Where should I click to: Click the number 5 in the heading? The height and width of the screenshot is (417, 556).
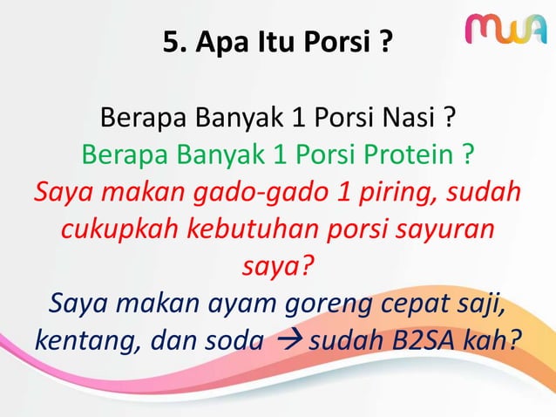[x=171, y=41]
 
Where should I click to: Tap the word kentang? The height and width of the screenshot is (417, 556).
[x=83, y=341]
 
